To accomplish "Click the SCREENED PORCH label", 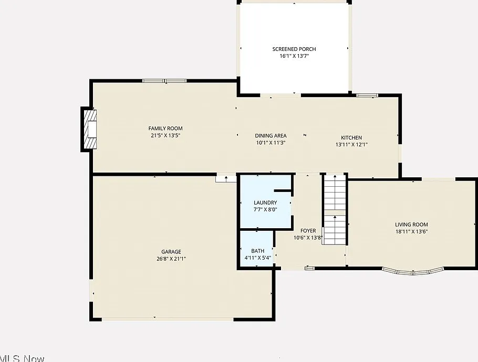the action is pyautogui.click(x=294, y=49).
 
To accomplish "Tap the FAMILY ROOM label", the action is pyautogui.click(x=165, y=129).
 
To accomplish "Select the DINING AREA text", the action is pyautogui.click(x=271, y=136).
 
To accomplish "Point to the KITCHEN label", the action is pyautogui.click(x=351, y=137).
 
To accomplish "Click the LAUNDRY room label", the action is pyautogui.click(x=265, y=203).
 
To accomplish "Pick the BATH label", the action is pyautogui.click(x=257, y=251).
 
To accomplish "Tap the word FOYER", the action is pyautogui.click(x=308, y=231).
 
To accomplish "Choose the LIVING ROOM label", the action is pyautogui.click(x=411, y=225).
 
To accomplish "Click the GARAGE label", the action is pyautogui.click(x=171, y=252).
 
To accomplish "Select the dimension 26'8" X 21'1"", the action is pyautogui.click(x=171, y=259).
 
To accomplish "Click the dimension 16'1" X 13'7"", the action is pyautogui.click(x=294, y=56).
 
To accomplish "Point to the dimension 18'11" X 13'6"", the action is pyautogui.click(x=411, y=232).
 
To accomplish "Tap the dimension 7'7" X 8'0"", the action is pyautogui.click(x=265, y=210).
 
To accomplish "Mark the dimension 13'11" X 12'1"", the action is pyautogui.click(x=351, y=145).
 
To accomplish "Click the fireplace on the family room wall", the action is pyautogui.click(x=89, y=129).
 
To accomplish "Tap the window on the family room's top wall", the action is pyautogui.click(x=164, y=81).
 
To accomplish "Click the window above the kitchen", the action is pyautogui.click(x=367, y=95).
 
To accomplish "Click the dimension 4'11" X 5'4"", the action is pyautogui.click(x=257, y=258).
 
